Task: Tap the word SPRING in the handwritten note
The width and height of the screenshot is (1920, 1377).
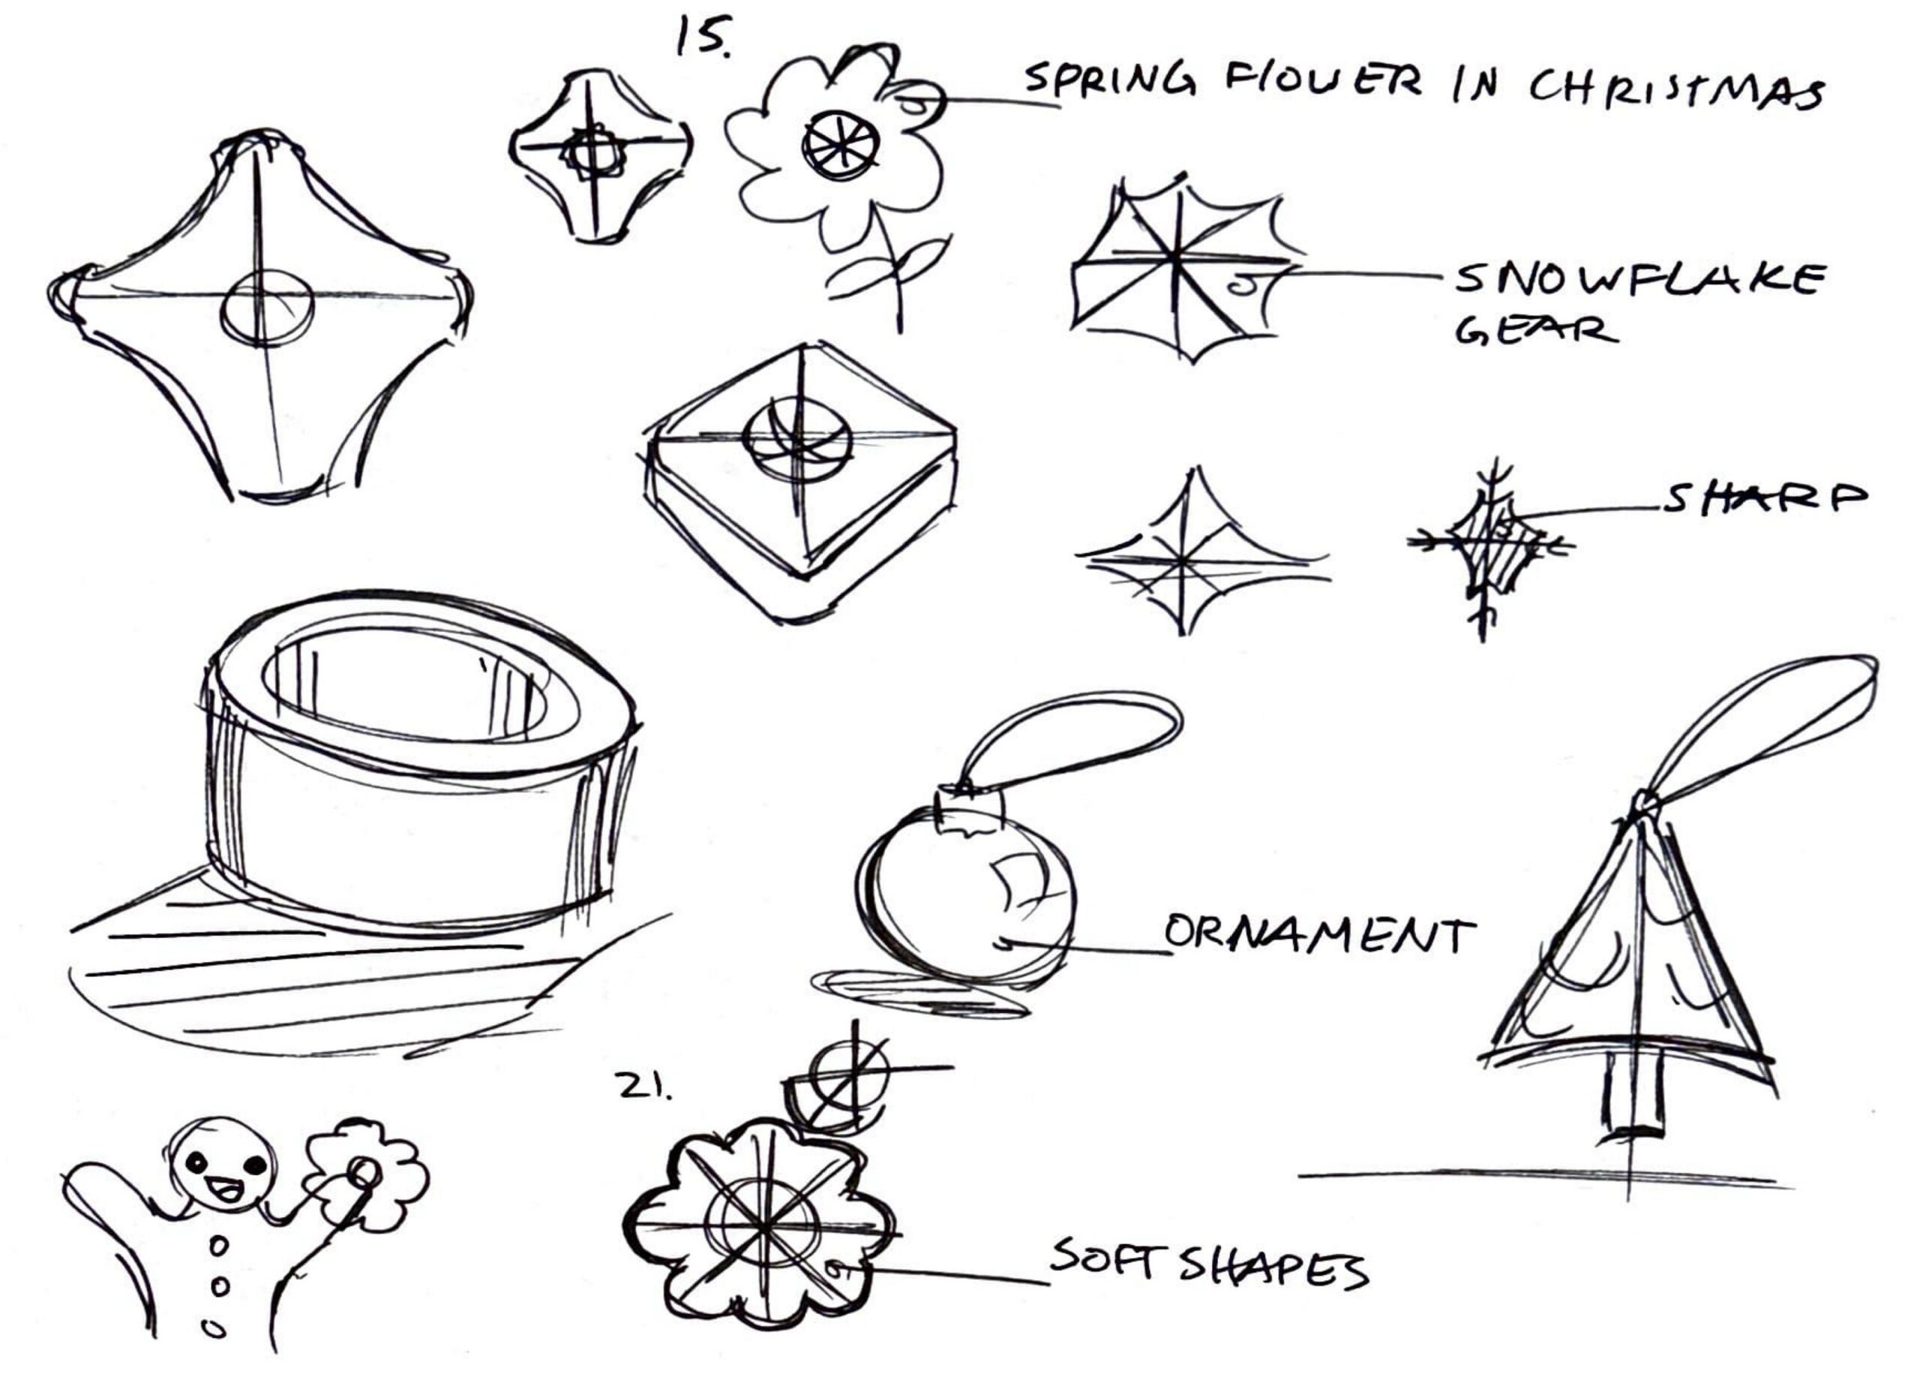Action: pos(1109,81)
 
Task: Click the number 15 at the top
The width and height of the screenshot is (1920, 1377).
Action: pos(702,38)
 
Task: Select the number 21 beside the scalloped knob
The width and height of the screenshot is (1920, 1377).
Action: pos(643,1088)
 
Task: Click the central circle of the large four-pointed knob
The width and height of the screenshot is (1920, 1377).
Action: pos(267,309)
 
